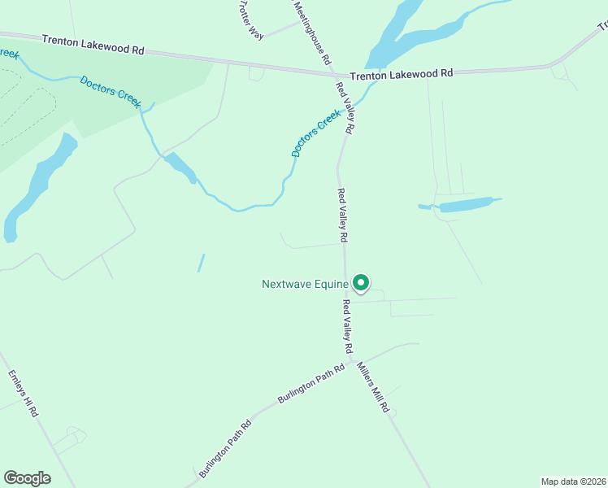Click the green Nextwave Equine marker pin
tap(361, 282)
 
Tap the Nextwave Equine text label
tap(305, 284)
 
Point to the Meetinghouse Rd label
tap(311, 33)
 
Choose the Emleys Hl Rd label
tap(24, 394)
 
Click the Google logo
tap(27, 477)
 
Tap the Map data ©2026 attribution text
tap(573, 481)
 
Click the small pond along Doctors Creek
tap(180, 167)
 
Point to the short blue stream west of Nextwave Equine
tap(201, 263)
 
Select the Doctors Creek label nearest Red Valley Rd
tap(315, 134)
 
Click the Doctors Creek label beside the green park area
tap(111, 91)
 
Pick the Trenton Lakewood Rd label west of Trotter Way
tap(93, 45)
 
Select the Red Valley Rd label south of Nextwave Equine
tap(347, 326)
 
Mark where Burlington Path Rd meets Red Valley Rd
tap(350, 359)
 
